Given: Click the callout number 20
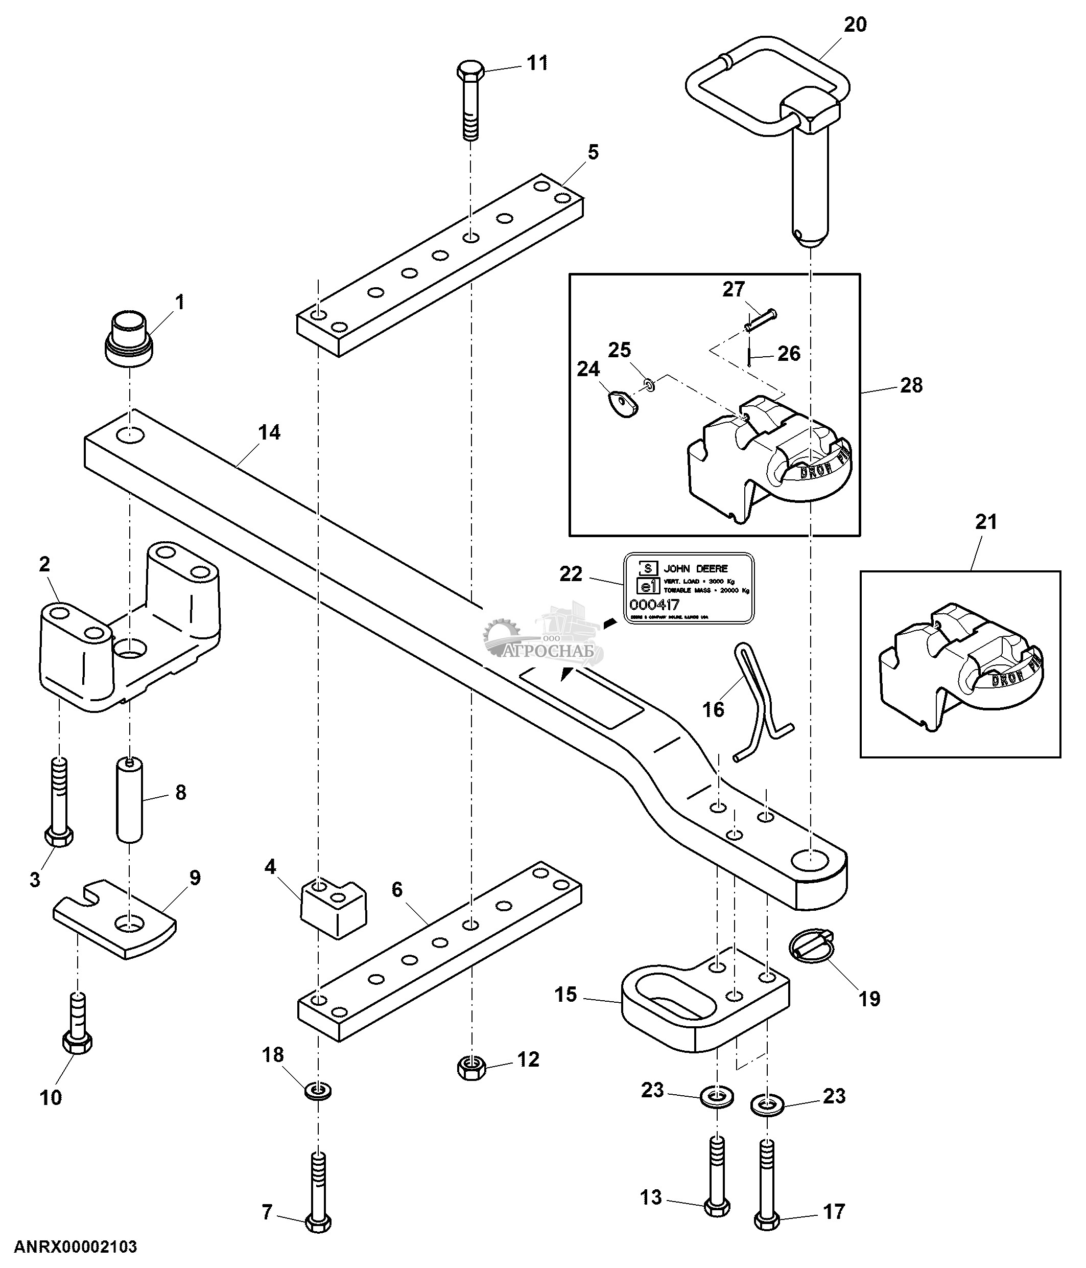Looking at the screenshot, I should (x=855, y=25).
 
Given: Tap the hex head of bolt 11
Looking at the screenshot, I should (x=470, y=71).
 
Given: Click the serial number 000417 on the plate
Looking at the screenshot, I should (x=654, y=605).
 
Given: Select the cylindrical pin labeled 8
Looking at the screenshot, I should (x=130, y=800).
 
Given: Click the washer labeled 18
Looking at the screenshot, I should (x=318, y=1090).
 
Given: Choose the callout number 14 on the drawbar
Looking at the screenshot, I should (x=269, y=433).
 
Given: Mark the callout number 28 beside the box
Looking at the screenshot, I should (x=911, y=385).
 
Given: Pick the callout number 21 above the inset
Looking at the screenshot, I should (x=986, y=521).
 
